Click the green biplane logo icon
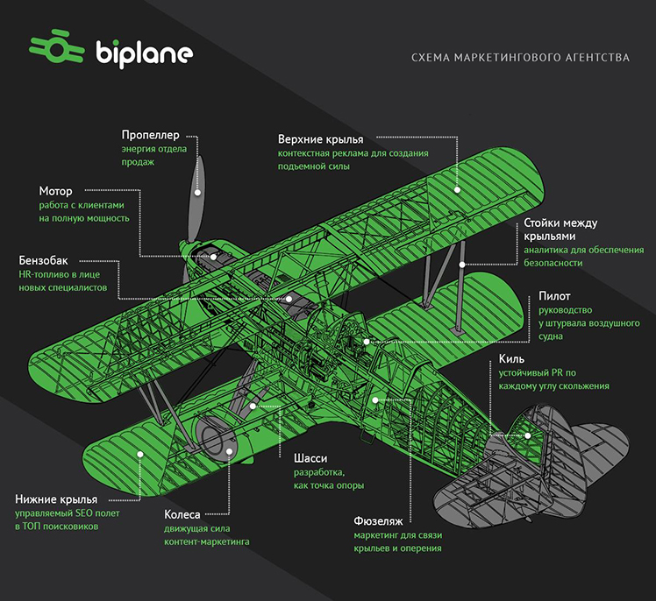[x=56, y=46]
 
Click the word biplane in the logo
[x=145, y=53]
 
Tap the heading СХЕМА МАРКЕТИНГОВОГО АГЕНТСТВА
[x=520, y=57]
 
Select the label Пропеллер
[x=150, y=135]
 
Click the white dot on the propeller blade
[x=197, y=192]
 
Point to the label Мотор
[x=55, y=191]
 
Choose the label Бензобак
[x=43, y=260]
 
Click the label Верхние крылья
[x=320, y=139]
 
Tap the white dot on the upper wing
[x=457, y=190]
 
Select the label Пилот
[x=554, y=296]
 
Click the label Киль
[x=511, y=358]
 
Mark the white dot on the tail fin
[x=528, y=435]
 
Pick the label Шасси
[x=310, y=458]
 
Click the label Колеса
[x=182, y=514]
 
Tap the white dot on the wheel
[x=229, y=451]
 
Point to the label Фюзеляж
[x=378, y=521]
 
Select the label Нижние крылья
[x=56, y=499]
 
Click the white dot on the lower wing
[x=140, y=455]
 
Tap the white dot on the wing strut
[x=462, y=265]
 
